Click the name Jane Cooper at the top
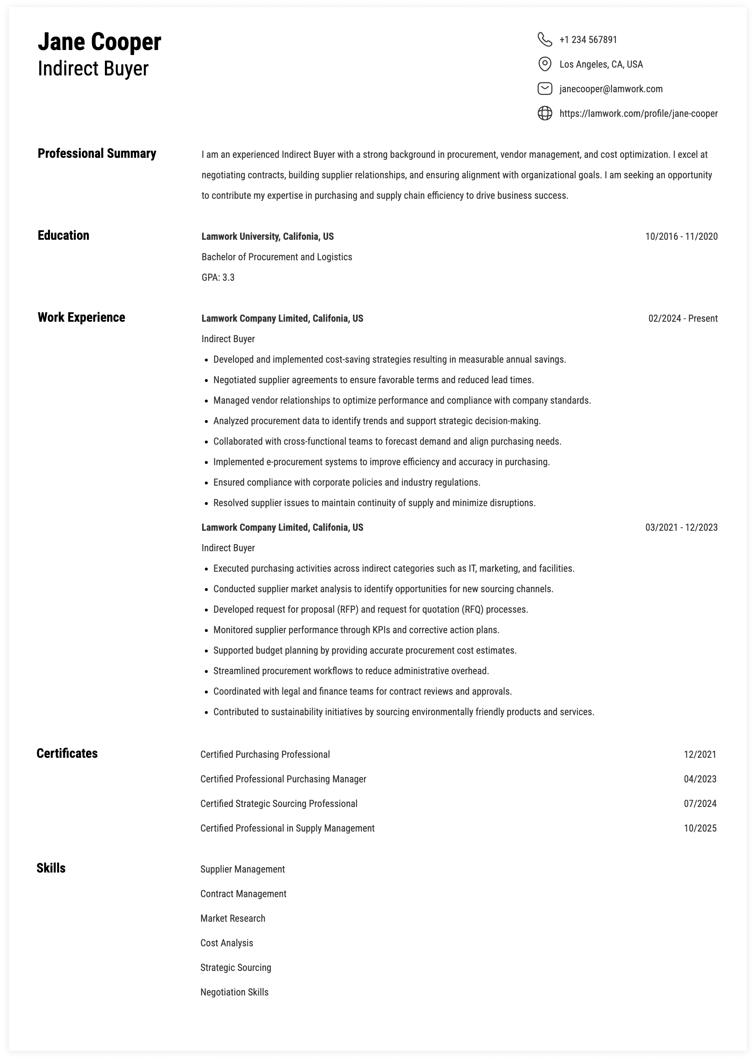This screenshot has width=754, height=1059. (x=99, y=42)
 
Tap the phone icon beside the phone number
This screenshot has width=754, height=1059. (x=545, y=39)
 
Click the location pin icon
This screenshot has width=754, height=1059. (x=545, y=64)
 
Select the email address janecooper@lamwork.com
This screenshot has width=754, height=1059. (x=611, y=89)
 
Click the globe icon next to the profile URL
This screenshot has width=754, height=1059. (x=545, y=113)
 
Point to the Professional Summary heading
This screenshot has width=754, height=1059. (x=97, y=153)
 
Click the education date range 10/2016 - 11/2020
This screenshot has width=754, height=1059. (x=681, y=236)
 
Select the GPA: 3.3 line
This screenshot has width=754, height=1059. (x=218, y=277)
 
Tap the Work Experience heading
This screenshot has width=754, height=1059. (x=81, y=317)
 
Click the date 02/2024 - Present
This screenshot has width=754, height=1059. (x=683, y=318)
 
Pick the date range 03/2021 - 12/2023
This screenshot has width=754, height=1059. (x=681, y=527)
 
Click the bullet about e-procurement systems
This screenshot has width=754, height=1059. (x=381, y=462)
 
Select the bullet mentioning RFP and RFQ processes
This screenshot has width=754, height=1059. (x=370, y=609)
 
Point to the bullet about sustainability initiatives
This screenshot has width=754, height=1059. (x=404, y=712)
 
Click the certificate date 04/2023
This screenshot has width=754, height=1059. (x=699, y=779)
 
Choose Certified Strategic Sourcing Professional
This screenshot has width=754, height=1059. (x=279, y=804)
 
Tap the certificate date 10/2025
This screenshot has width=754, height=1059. (x=699, y=828)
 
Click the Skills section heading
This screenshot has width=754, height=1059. (x=51, y=868)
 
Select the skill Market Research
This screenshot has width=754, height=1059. (x=233, y=918)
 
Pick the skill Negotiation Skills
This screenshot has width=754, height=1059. (x=234, y=992)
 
